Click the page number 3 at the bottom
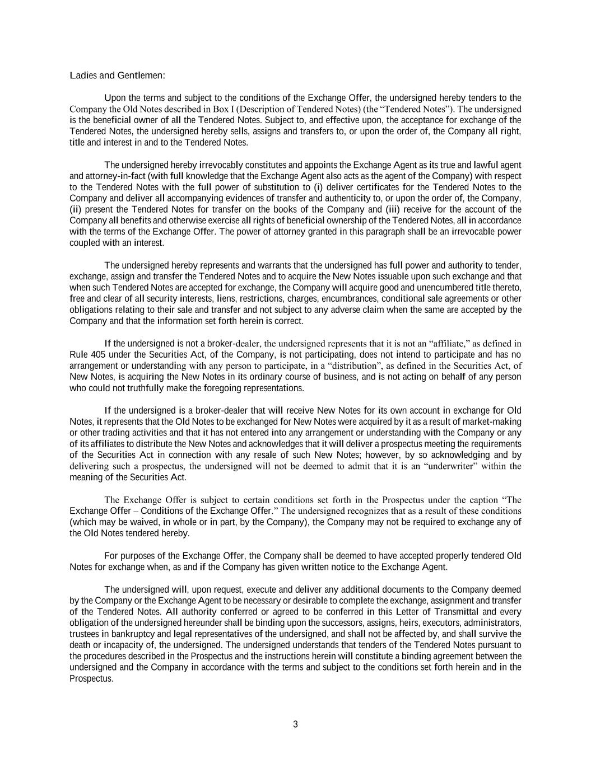click(x=295, y=724)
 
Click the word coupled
click(x=85, y=243)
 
